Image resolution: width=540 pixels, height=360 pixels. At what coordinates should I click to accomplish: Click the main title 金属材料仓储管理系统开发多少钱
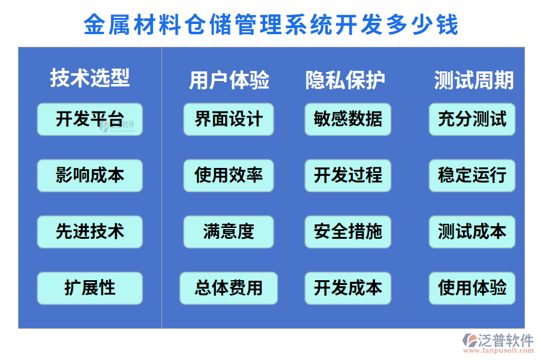point(271,25)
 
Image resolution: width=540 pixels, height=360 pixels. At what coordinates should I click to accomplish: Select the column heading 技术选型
point(90,78)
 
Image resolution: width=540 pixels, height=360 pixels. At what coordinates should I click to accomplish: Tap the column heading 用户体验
point(229,80)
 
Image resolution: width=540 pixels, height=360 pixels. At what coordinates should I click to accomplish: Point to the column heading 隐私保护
point(346,80)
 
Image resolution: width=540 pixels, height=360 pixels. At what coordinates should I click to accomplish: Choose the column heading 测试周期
point(473,80)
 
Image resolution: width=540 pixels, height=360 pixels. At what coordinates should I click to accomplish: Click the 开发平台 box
point(90,119)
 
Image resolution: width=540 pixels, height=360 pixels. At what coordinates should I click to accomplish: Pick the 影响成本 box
point(90,175)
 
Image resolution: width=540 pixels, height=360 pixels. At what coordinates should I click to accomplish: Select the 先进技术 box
point(90,232)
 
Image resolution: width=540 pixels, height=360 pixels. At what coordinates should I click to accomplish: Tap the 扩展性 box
point(90,288)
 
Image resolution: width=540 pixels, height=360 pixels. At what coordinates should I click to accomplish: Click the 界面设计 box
point(229,119)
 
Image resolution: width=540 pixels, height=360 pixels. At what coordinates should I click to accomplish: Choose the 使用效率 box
point(229,175)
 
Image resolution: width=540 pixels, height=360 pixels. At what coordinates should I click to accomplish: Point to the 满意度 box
point(229,232)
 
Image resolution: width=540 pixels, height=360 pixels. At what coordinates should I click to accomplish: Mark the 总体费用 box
point(229,288)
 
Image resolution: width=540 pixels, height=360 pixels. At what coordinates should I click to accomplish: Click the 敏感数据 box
point(348,119)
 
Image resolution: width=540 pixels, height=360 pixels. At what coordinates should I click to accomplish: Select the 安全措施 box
point(348,232)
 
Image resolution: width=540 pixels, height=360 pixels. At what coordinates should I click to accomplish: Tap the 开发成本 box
point(348,288)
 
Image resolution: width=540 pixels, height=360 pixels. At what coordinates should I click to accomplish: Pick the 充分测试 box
point(472,119)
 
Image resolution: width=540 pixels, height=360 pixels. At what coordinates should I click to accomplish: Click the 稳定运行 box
point(472,175)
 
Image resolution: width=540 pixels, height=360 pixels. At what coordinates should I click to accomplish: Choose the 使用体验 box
point(472,288)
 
